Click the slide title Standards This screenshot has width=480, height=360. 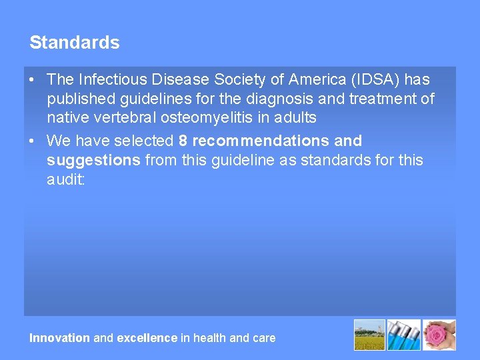[75, 43]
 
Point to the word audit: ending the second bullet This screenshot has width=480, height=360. [66, 180]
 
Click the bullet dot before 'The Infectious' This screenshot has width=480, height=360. [33, 79]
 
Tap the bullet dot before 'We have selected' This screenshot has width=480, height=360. [33, 141]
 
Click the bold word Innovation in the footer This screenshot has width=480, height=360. [59, 338]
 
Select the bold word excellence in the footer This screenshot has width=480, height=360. [147, 338]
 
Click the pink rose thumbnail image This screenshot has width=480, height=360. [440, 335]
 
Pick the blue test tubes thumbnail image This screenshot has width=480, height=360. [405, 335]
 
